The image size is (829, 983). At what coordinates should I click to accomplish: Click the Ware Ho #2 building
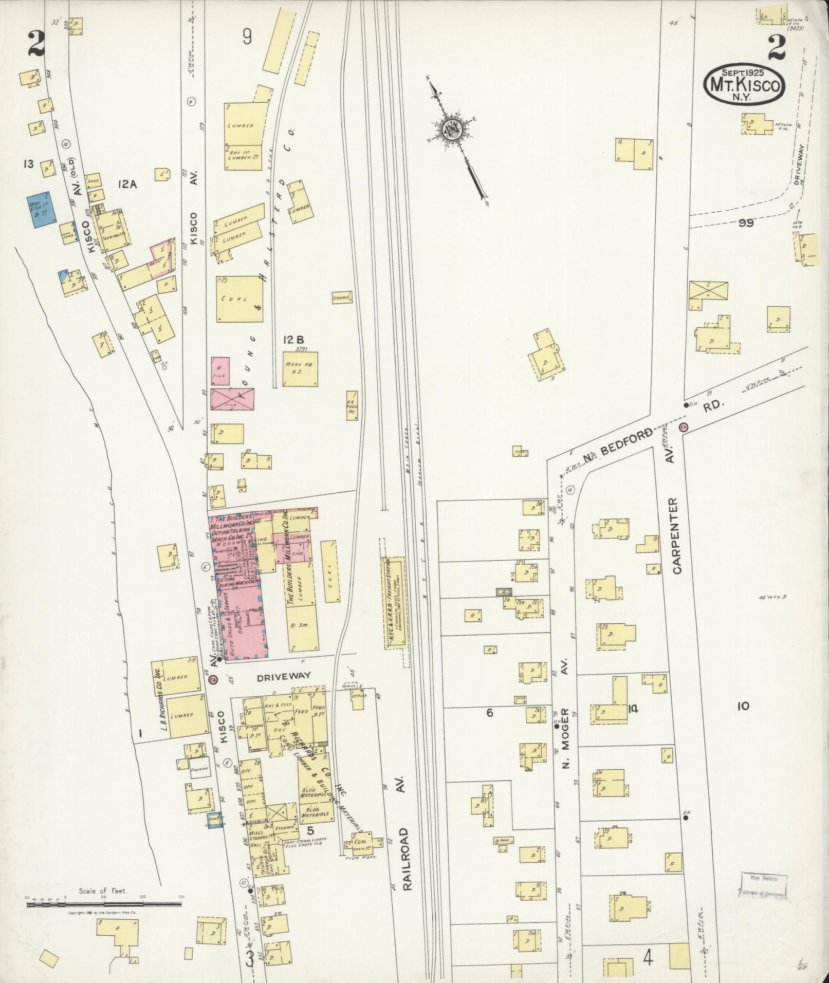(x=300, y=369)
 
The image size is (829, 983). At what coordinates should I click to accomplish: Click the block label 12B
(x=293, y=340)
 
